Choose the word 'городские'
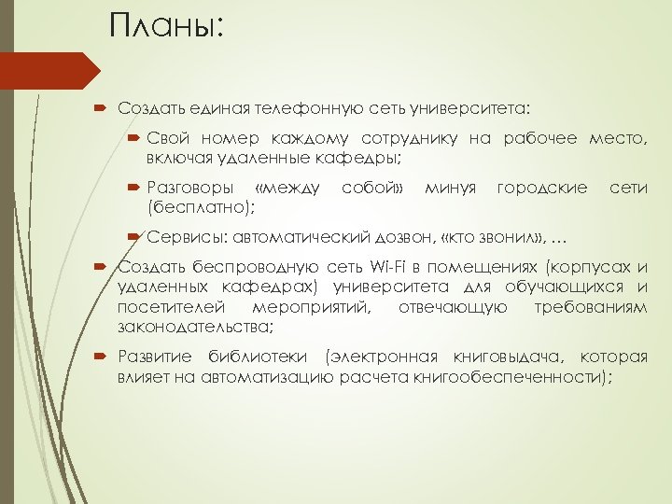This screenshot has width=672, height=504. coord(542,188)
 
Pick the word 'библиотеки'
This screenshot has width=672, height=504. coord(258,358)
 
